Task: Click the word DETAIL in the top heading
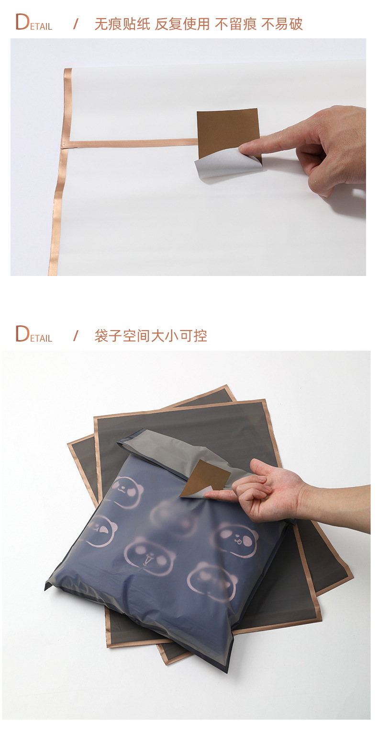point(33,23)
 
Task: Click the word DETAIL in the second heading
point(33,334)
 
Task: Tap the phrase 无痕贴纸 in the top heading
point(122,24)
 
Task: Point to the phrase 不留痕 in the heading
point(235,24)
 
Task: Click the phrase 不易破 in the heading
point(282,24)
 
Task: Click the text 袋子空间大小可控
point(151,336)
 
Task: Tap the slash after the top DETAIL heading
point(75,24)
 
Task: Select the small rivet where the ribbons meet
point(64,145)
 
